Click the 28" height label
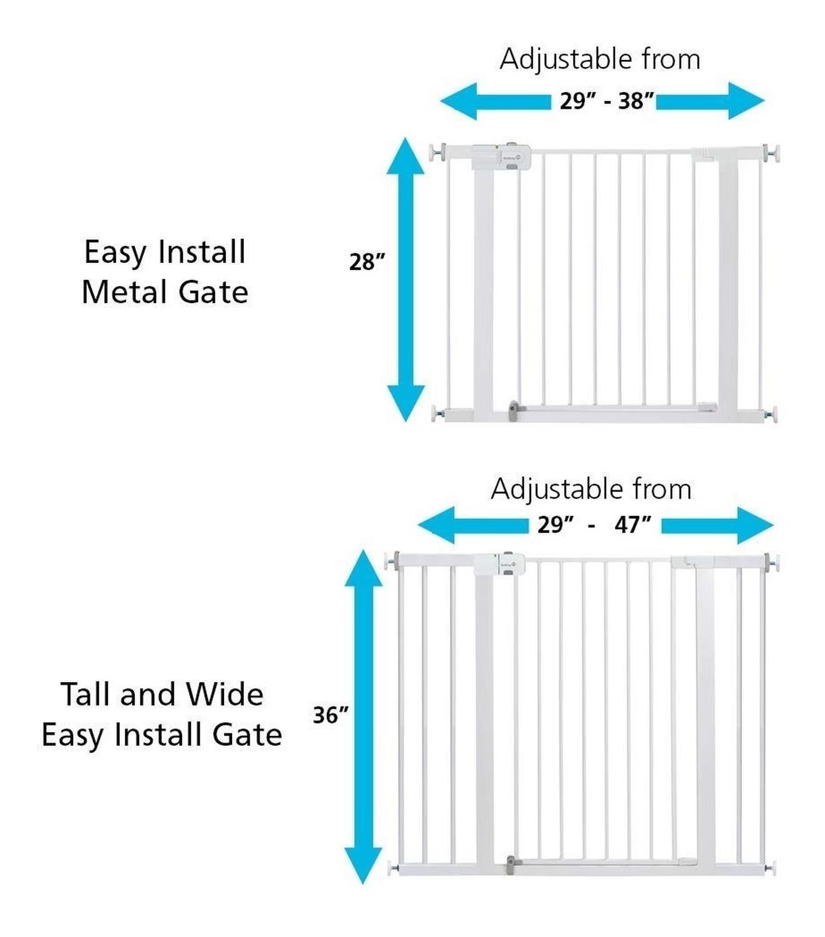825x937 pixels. point(366,262)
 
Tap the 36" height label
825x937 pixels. point(330,715)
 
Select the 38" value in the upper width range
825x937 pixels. point(637,101)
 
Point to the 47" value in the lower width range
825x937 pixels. point(633,525)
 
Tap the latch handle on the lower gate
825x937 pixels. point(499,564)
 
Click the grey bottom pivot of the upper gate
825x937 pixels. point(513,410)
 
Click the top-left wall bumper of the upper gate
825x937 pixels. point(437,152)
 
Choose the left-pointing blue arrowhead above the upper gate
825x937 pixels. point(458,101)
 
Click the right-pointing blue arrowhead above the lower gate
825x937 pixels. point(755,525)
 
